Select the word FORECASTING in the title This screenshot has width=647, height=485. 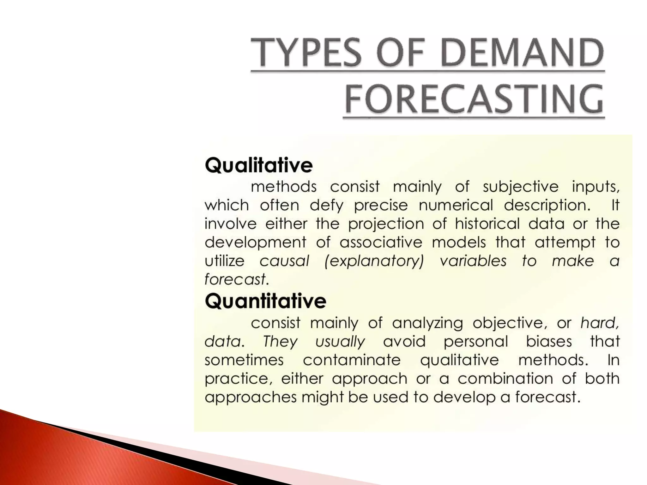tap(474, 99)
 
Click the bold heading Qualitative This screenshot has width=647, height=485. tap(259, 166)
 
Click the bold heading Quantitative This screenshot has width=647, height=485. tap(265, 301)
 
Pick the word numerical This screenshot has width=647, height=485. tap(456, 206)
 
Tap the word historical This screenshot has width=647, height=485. tap(487, 224)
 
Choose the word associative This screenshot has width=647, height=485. tap(381, 242)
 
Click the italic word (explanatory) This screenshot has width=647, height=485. tap(374, 261)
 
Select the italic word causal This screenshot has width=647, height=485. tap(284, 261)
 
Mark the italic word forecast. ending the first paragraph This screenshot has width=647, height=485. tap(237, 279)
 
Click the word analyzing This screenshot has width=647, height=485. tap(427, 323)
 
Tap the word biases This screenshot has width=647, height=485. tap(549, 342)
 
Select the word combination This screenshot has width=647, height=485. tap(505, 378)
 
